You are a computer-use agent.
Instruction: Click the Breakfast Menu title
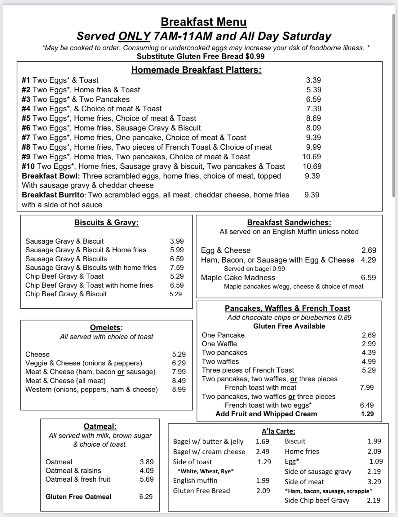(x=204, y=22)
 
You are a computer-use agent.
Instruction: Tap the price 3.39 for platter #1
(x=313, y=80)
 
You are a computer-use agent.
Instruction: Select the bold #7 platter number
(x=26, y=137)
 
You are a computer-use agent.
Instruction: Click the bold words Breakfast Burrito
(x=53, y=195)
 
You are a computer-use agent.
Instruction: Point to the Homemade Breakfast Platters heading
(x=196, y=70)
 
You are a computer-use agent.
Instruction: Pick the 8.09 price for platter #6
(x=313, y=128)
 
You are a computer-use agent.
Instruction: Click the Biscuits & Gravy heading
(x=106, y=223)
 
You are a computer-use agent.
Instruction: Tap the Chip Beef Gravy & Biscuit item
(x=66, y=294)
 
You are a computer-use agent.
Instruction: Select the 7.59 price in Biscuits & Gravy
(x=177, y=267)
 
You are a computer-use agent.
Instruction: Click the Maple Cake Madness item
(x=238, y=277)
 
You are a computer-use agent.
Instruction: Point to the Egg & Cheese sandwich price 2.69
(x=369, y=250)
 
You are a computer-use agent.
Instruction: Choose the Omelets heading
(x=106, y=328)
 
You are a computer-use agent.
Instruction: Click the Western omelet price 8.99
(x=179, y=389)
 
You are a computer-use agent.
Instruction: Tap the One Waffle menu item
(x=219, y=344)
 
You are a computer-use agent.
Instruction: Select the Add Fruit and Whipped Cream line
(x=266, y=414)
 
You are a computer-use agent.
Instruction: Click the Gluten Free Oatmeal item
(x=78, y=497)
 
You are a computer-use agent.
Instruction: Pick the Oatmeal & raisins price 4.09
(x=147, y=471)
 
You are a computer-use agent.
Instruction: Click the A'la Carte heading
(x=278, y=431)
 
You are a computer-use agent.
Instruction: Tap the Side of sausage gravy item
(x=318, y=471)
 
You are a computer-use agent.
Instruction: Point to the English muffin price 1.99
(x=263, y=480)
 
